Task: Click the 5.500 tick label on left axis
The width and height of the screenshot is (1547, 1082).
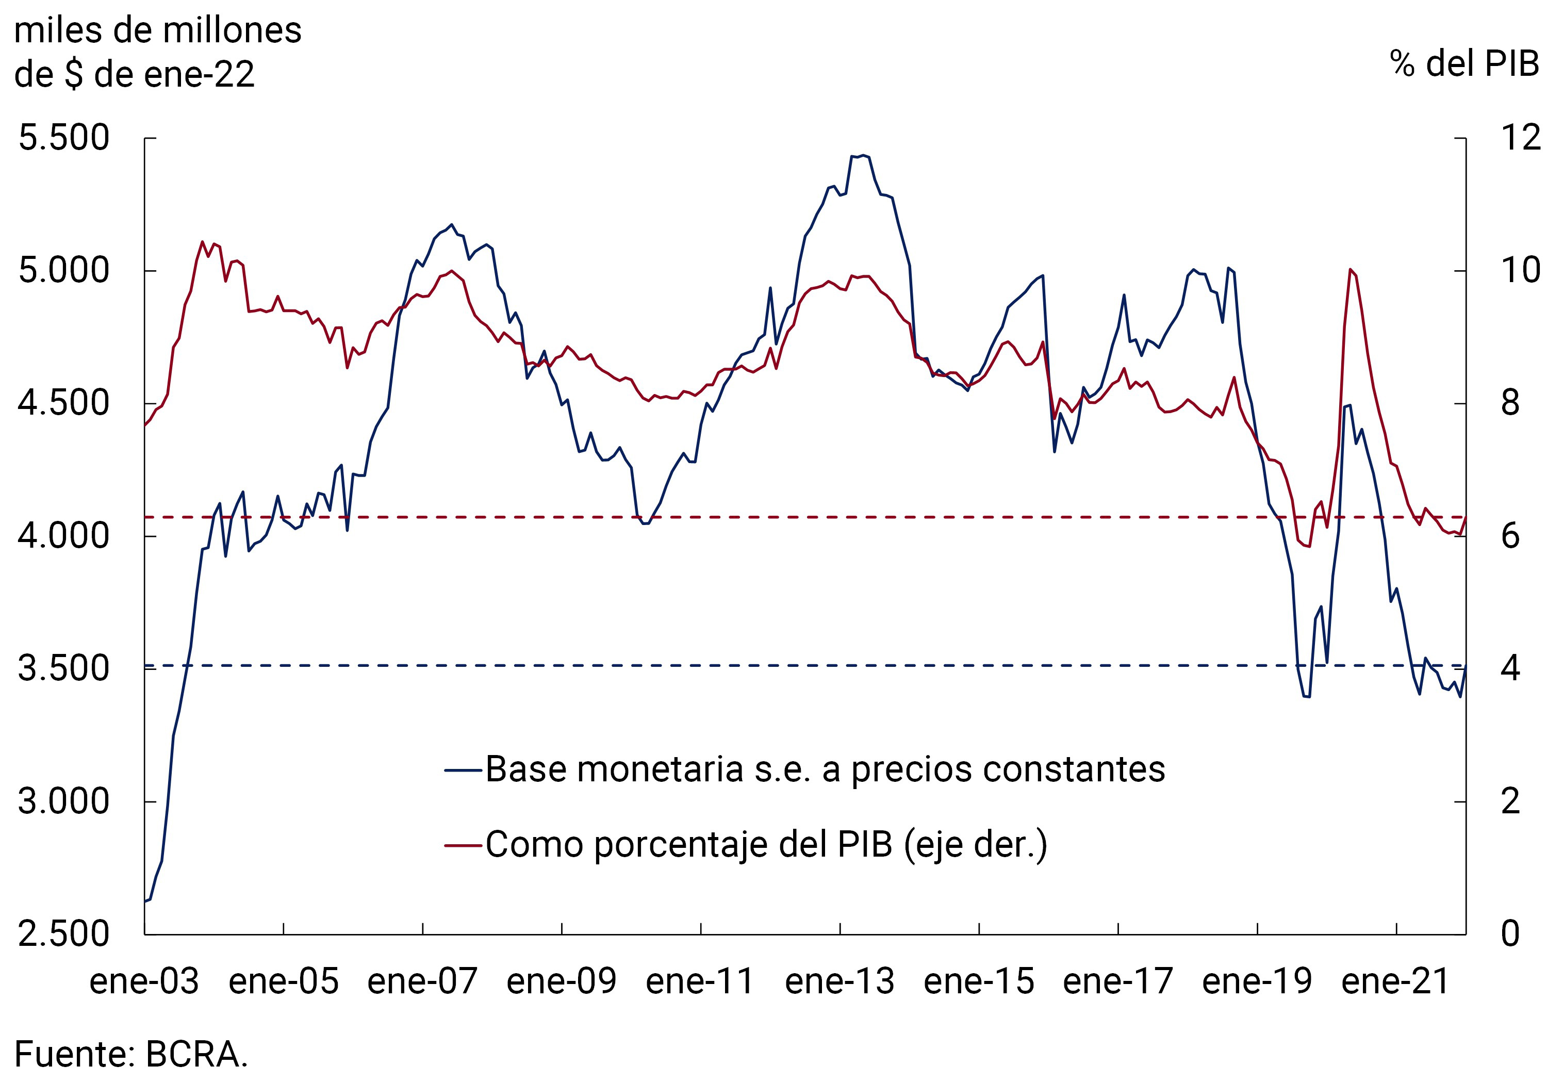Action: pos(63,138)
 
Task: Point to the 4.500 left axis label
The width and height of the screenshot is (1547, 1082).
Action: pos(63,404)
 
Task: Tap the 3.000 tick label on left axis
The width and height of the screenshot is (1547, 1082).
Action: pos(63,802)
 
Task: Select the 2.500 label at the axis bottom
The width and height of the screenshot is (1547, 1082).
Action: pos(63,934)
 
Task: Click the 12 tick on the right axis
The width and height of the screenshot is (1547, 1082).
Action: pos(1520,138)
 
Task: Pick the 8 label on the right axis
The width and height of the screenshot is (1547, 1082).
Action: pos(1510,404)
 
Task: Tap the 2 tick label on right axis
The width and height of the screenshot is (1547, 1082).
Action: pos(1510,802)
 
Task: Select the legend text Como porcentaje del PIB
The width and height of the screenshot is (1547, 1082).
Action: pos(766,845)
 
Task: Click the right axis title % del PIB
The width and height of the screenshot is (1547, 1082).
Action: pos(1463,64)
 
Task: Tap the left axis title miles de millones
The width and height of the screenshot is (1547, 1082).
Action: pos(158,31)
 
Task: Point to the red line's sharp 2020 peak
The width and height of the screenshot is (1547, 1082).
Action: pos(1350,270)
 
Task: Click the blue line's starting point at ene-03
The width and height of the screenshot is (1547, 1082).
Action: pos(145,901)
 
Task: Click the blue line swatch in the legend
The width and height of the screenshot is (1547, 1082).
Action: pos(464,770)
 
